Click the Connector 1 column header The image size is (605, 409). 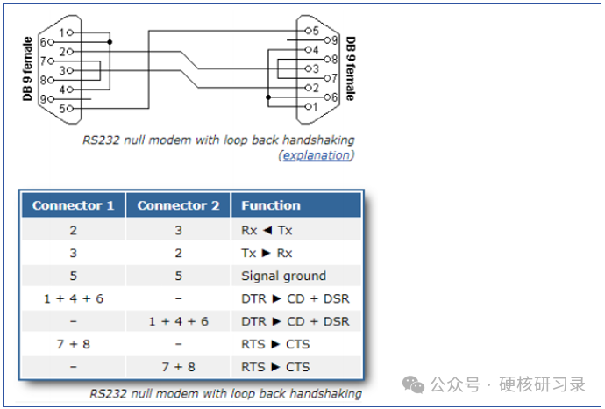(74, 205)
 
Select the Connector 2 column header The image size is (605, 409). (178, 205)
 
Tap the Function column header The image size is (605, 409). (271, 205)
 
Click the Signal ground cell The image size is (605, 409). (283, 276)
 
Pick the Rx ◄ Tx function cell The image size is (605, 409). (267, 230)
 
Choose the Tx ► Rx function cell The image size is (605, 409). (267, 253)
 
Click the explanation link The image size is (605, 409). (316, 155)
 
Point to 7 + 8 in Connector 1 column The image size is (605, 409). (74, 344)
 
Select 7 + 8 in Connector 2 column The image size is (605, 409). (178, 367)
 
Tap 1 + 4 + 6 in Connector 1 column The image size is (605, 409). (74, 298)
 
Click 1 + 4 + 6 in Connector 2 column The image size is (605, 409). (178, 321)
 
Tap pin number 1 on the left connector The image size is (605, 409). (63, 32)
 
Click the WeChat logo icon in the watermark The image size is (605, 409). (412, 384)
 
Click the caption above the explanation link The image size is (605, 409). (219, 140)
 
